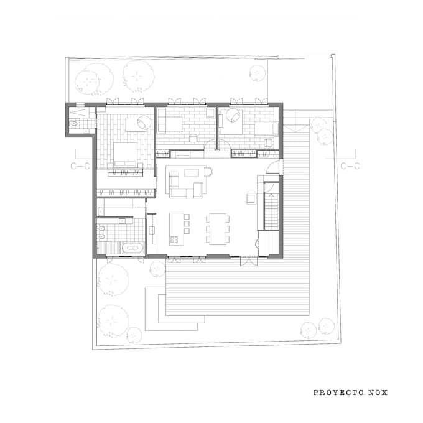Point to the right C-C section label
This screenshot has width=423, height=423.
(350, 166)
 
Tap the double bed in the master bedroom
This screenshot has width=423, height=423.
(126, 154)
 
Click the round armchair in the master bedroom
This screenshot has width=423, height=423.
(144, 123)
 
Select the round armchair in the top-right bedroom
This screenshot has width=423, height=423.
(236, 116)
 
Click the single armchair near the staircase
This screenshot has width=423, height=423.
(251, 198)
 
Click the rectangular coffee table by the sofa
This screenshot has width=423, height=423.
(193, 171)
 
